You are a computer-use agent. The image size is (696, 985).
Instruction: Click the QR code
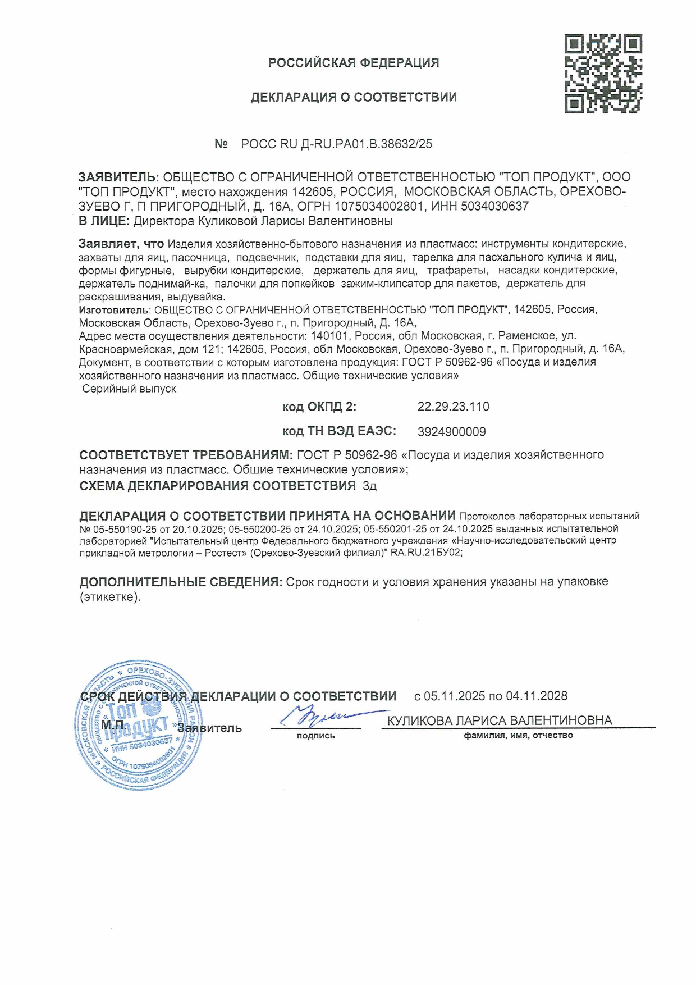pos(603,74)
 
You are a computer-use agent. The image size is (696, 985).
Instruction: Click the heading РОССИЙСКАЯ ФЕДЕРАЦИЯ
pos(354,63)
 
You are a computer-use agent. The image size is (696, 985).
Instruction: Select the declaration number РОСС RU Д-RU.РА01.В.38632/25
pos(336,144)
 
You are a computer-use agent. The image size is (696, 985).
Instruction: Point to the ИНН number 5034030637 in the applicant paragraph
pos(494,206)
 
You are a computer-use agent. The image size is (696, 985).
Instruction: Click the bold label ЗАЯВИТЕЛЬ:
pos(119,177)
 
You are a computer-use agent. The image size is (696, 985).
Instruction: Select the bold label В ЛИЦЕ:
pos(104,221)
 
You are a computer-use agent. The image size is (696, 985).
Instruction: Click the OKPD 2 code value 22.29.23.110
pos(453,407)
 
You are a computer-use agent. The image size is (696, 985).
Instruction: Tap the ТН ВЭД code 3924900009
pos(452,432)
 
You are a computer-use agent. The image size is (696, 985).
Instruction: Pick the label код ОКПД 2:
pos(319,407)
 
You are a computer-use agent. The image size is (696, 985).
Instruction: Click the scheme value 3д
pos(370,486)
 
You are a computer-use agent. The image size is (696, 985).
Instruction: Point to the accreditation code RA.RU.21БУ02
pos(427,553)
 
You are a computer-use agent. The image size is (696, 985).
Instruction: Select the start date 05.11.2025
pos(454,696)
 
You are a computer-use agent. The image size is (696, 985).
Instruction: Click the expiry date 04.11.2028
pos(537,696)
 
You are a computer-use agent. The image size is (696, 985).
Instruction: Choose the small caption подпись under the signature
pos(316,736)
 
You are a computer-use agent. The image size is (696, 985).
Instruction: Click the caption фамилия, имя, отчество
pos(518,735)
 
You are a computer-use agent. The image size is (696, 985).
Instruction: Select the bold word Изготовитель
pos(114,310)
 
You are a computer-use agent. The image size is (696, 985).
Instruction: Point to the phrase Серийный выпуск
pos(129,389)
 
